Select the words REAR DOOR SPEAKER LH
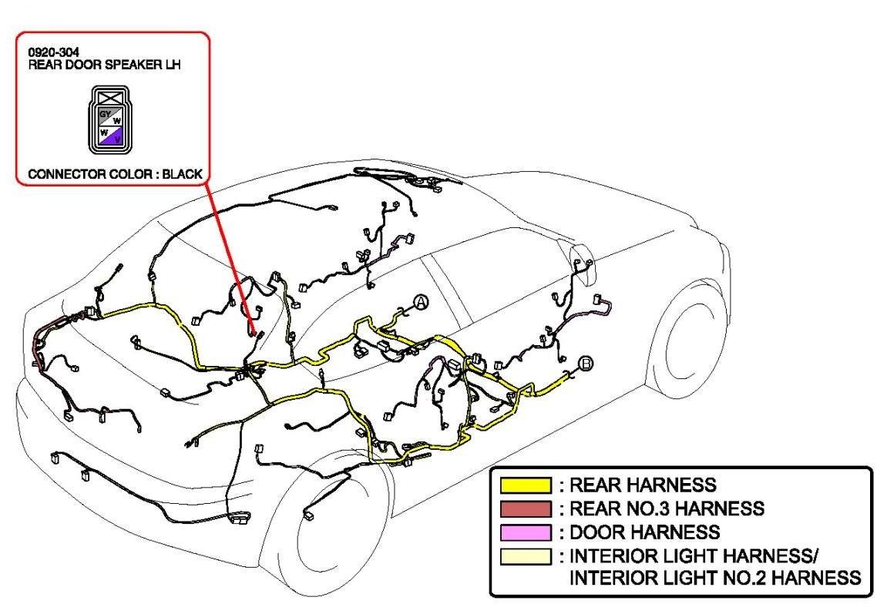click(x=105, y=65)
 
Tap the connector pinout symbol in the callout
click(x=108, y=119)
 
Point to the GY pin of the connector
click(x=104, y=114)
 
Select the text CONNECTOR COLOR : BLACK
click(x=116, y=174)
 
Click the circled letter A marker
click(x=420, y=303)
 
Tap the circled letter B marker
click(x=586, y=363)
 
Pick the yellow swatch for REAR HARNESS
click(x=526, y=485)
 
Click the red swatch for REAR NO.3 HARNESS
click(x=526, y=508)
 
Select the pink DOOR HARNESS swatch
click(x=526, y=532)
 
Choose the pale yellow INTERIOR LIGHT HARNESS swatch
click(x=526, y=555)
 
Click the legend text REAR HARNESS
click(x=642, y=485)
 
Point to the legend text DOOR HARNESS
click(x=644, y=532)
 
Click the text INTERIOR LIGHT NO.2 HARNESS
click(x=714, y=578)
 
